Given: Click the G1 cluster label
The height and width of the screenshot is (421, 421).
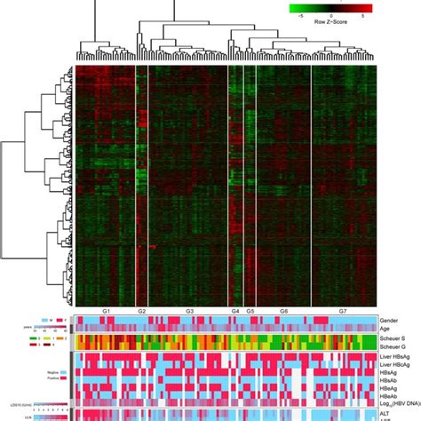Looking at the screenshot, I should point(106,311).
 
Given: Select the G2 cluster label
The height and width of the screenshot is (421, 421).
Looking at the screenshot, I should point(142,311).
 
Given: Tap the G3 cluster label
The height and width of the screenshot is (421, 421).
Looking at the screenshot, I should point(189,311).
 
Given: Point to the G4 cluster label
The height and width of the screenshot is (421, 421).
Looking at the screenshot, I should point(235,311).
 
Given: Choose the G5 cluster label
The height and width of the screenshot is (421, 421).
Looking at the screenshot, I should point(250,311).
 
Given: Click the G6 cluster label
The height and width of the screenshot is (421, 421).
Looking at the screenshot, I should point(283,311).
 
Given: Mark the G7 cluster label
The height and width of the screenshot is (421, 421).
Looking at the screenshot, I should point(343,311).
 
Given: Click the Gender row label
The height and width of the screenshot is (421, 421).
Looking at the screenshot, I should point(390,319).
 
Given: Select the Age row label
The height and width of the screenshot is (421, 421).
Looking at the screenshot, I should point(385,328).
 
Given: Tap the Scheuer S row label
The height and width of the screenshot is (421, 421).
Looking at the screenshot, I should point(393,338).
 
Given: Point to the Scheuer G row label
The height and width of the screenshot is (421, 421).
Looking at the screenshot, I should point(393,347).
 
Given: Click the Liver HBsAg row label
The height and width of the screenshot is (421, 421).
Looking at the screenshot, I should point(396,357).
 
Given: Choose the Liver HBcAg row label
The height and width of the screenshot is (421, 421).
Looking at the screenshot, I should point(396,366).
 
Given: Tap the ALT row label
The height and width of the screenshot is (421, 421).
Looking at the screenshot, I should point(385,413).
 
